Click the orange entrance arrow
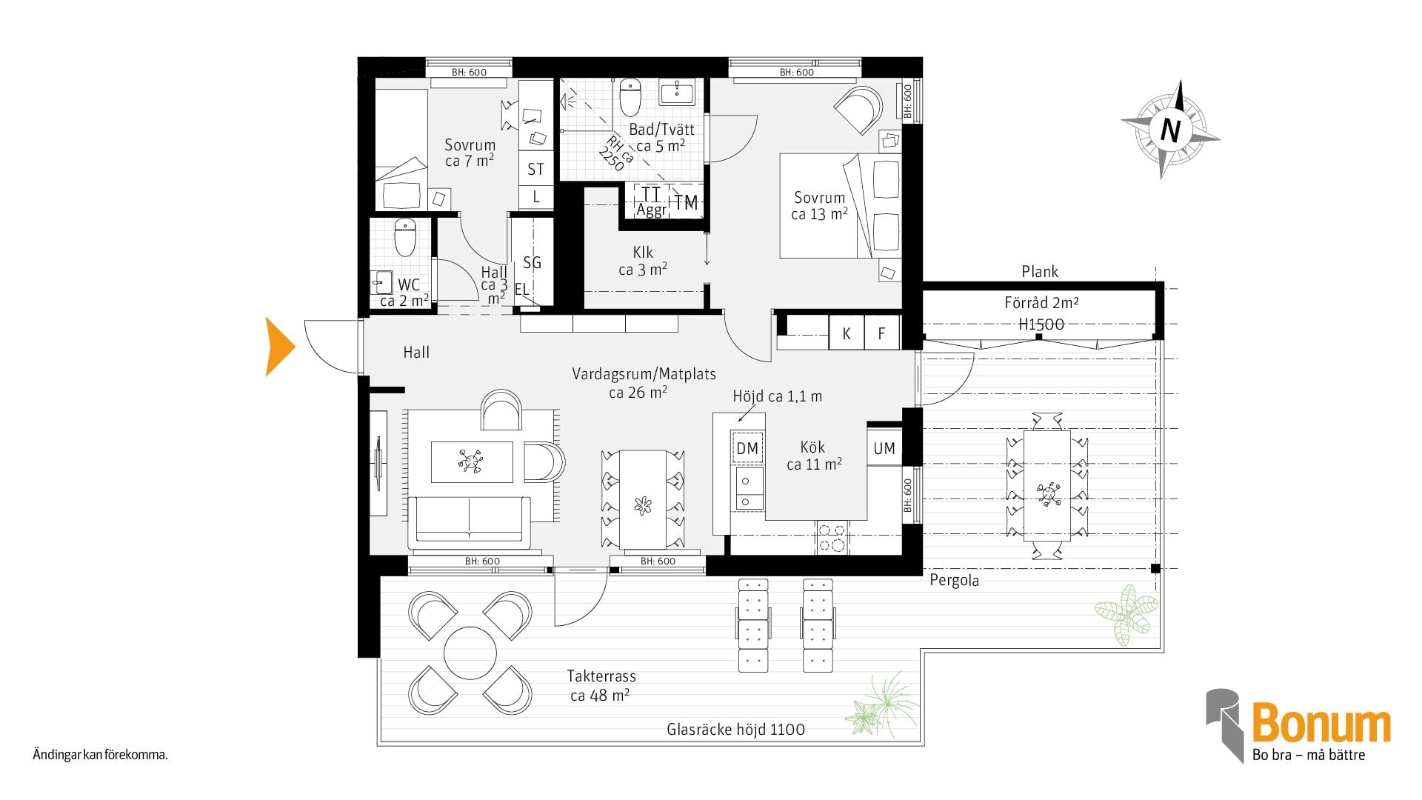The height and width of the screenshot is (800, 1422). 280,347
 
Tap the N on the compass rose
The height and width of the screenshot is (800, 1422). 1170,130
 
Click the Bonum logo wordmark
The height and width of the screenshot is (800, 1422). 1321,724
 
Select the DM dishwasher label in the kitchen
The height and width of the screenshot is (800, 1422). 747,448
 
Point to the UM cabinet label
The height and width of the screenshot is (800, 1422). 884,448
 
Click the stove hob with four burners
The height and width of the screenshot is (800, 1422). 832,538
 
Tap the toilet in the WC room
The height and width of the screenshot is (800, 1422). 405,236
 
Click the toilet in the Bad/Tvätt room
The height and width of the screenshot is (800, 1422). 630,97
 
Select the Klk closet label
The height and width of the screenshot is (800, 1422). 643,252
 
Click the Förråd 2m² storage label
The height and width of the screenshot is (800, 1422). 1041,302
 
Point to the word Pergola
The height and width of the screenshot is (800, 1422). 954,581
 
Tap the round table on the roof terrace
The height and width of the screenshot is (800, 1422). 470,653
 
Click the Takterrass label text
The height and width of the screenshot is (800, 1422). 601,676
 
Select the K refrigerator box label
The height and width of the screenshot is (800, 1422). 847,334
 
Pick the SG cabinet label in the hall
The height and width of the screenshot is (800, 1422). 532,262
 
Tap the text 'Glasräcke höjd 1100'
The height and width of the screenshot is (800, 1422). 735,730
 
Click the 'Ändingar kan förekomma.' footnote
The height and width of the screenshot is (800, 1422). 101,756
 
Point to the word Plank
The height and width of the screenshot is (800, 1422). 1040,272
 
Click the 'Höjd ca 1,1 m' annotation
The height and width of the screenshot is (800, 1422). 777,396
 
